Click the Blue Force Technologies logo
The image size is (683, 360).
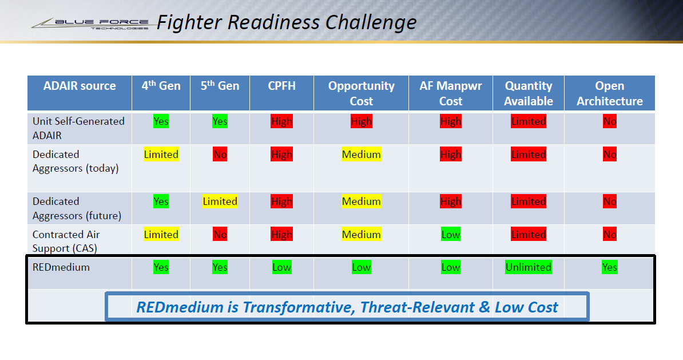coord(90,23)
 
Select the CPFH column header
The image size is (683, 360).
coord(281,86)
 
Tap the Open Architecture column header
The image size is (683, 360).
coord(609,93)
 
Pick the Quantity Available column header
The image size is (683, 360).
coord(529,93)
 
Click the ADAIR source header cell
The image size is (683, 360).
coord(80,86)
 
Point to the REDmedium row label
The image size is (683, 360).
coord(61,267)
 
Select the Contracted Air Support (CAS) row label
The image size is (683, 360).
coord(66,241)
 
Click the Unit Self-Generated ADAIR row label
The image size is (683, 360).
coord(78,128)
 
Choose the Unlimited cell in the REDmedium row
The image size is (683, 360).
coord(529,267)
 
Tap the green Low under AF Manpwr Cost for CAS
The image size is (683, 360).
coord(450,235)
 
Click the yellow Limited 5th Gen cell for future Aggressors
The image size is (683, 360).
coord(220,201)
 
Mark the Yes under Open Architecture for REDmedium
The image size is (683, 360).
coord(609,267)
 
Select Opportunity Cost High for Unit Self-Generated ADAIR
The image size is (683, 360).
coord(361,121)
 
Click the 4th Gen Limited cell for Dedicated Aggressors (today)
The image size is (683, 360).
coord(161,155)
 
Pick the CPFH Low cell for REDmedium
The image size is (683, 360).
coord(281,267)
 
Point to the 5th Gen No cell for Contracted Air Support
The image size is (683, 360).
coord(220,235)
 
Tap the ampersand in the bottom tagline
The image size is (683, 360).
coord(484,307)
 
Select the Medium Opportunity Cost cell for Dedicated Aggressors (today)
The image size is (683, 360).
coord(361,155)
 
